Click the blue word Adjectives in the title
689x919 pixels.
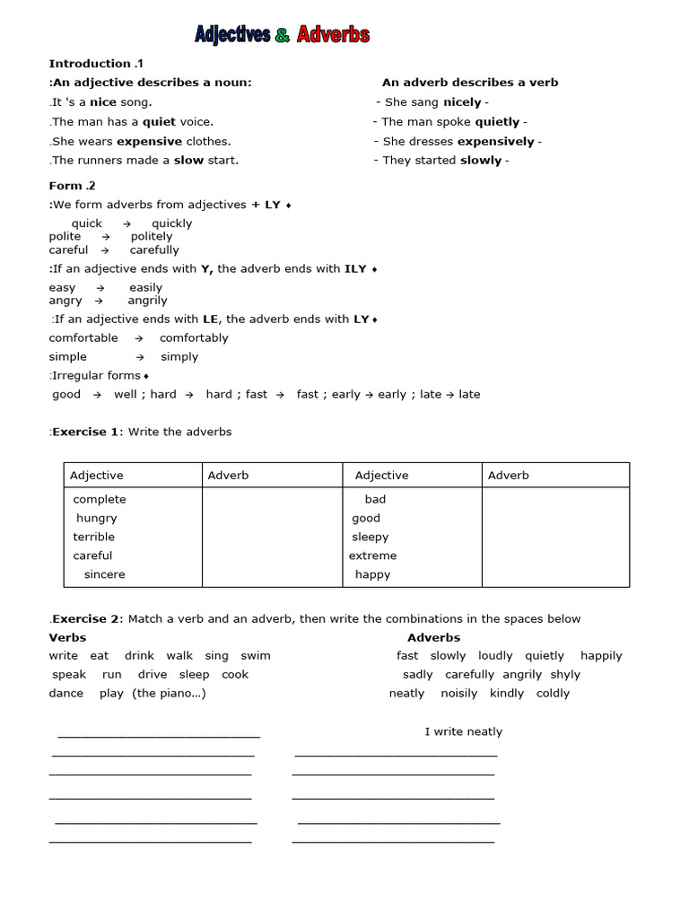tap(232, 35)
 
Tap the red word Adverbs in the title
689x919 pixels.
tap(333, 35)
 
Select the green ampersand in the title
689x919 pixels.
tap(283, 35)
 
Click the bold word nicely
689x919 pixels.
tap(462, 102)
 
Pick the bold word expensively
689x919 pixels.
tap(495, 141)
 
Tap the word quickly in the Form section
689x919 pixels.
tap(171, 223)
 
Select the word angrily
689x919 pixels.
tap(147, 301)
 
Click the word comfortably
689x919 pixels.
tap(194, 338)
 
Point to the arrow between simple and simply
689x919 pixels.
tap(139, 357)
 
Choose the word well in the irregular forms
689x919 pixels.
tap(126, 394)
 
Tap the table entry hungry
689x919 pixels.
tap(96, 518)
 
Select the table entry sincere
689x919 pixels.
tap(104, 574)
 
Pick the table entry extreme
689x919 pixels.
tap(372, 556)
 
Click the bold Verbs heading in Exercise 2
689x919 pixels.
tap(67, 637)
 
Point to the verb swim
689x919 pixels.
tap(256, 656)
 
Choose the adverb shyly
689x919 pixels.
tap(565, 675)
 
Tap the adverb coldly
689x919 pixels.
tap(553, 694)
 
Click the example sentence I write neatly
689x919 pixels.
tap(463, 732)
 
